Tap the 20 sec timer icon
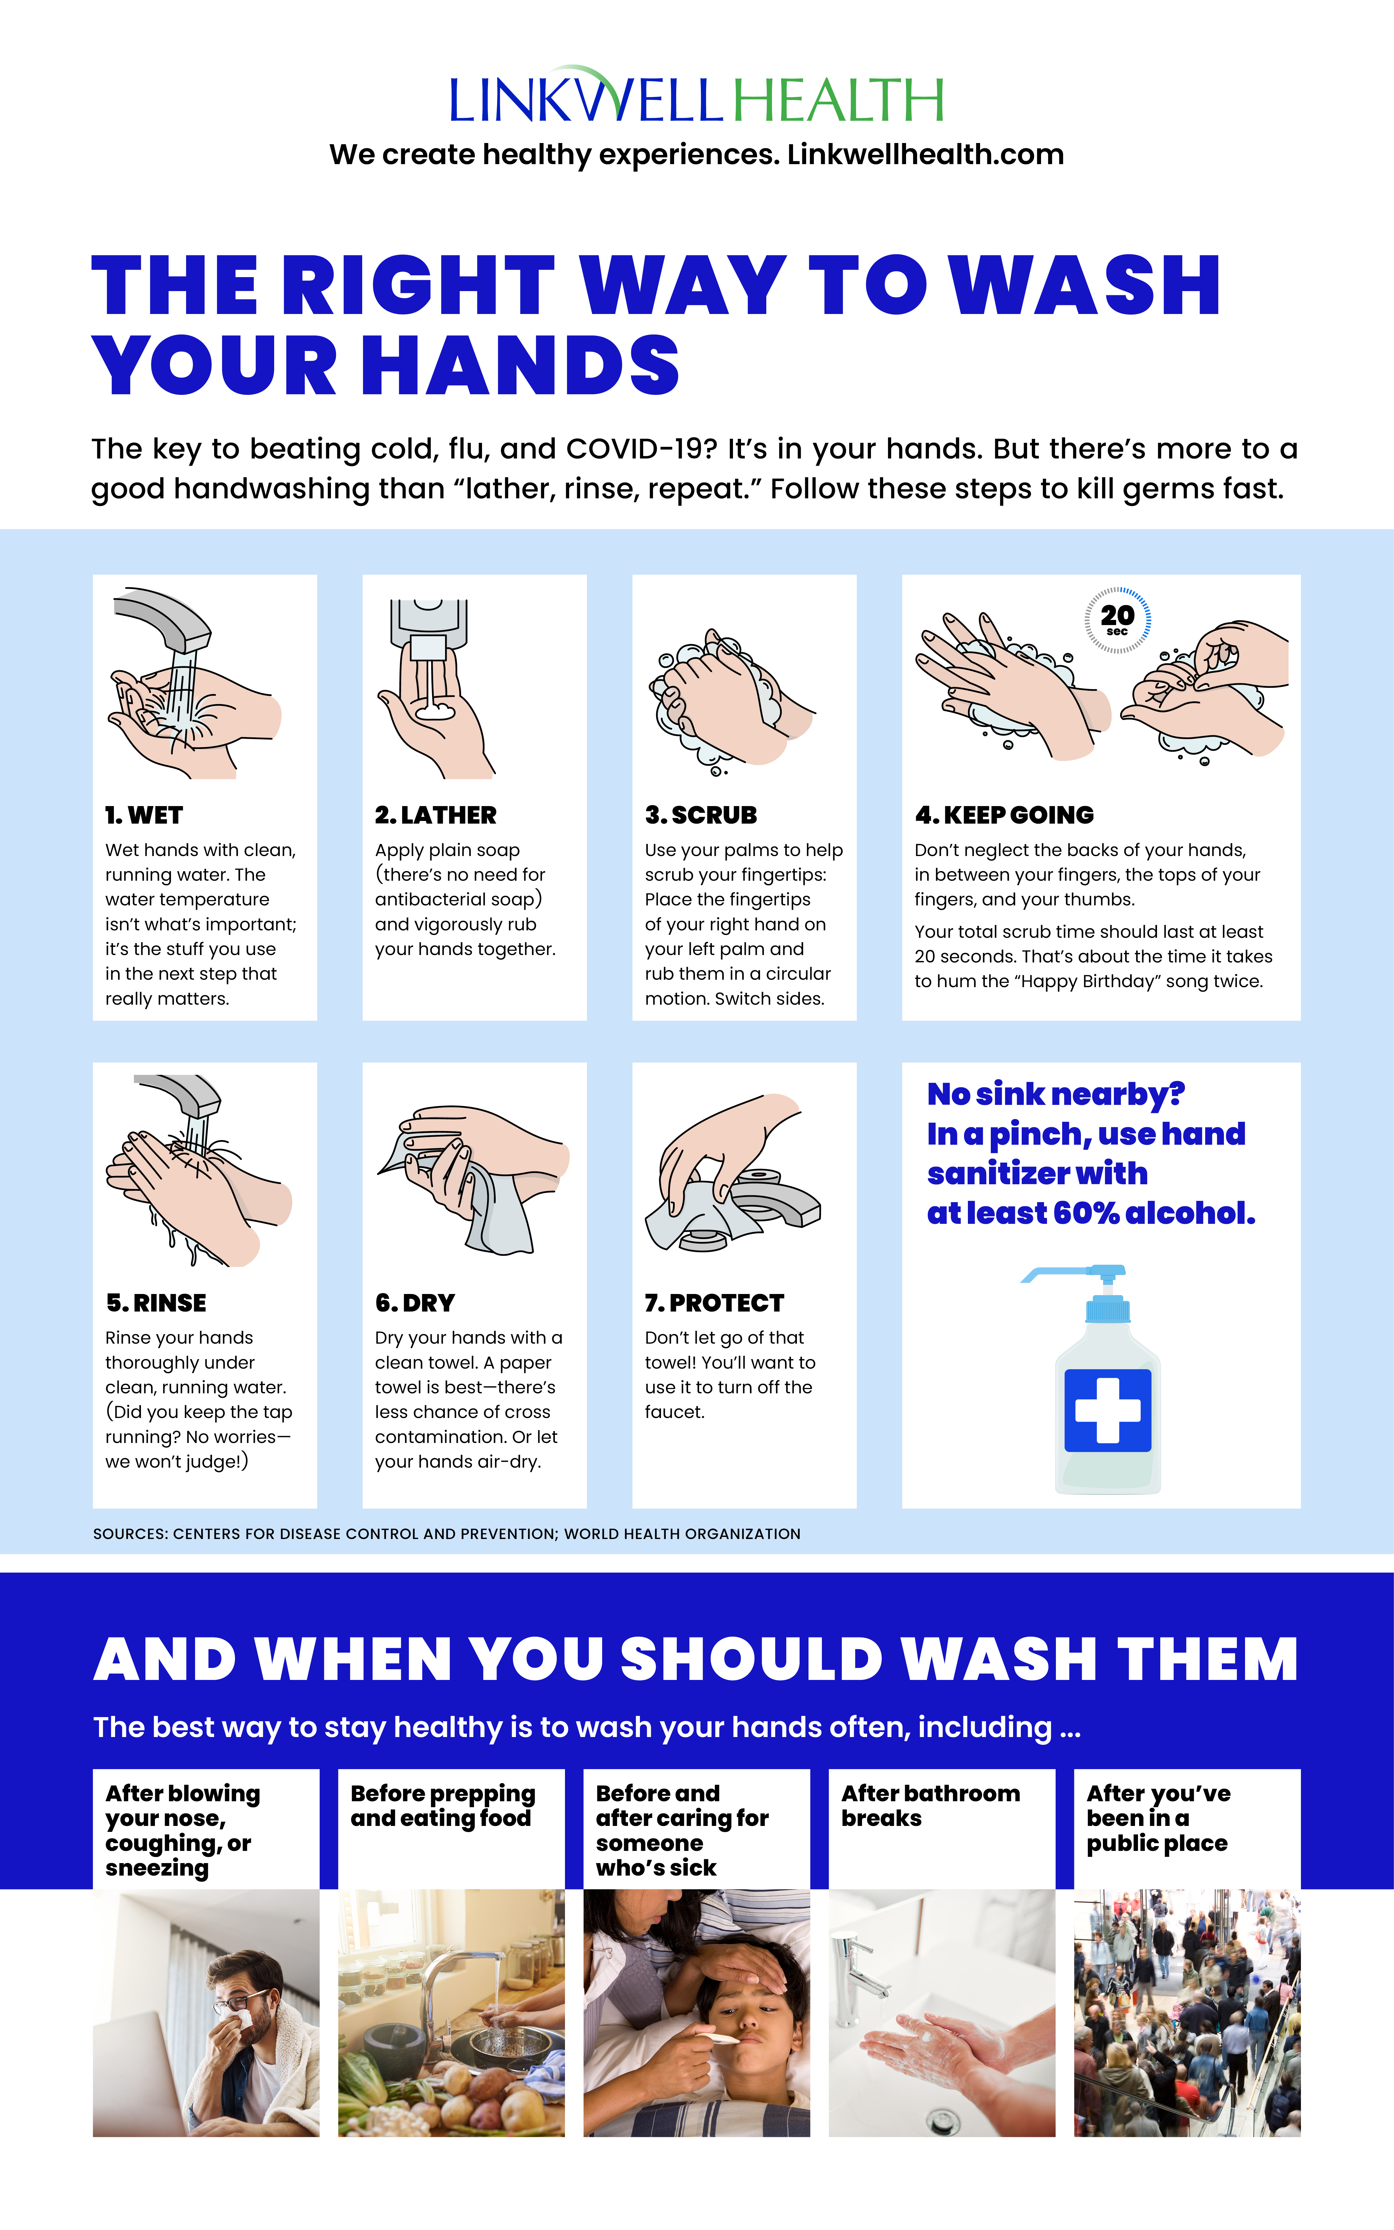(1117, 620)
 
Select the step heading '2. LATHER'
(435, 815)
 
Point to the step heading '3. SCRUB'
(701, 815)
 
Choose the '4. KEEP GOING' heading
(1004, 815)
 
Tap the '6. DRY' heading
(415, 1303)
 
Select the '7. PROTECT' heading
(715, 1303)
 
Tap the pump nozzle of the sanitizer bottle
(1060, 1274)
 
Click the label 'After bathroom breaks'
(930, 1805)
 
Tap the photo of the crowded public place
(1186, 2012)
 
